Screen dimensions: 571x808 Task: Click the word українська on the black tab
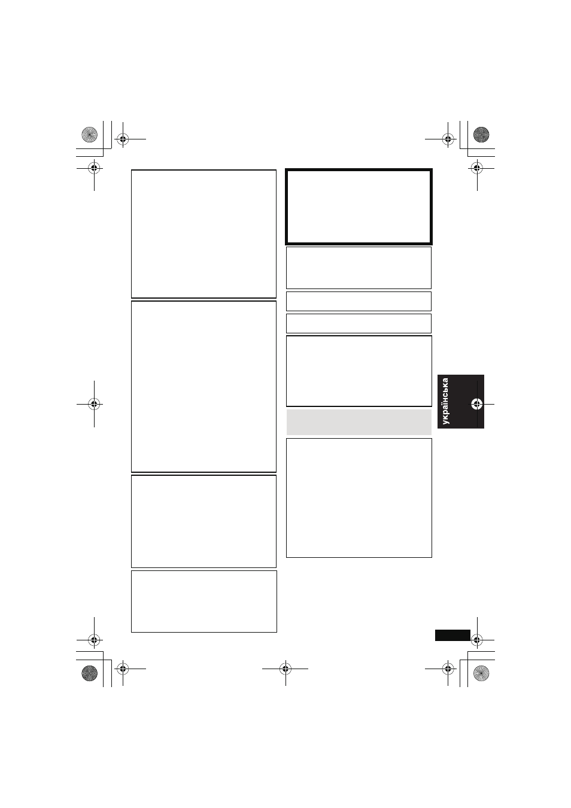(446, 401)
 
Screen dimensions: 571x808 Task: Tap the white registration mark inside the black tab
(477, 405)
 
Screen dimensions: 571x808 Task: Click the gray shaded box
(359, 422)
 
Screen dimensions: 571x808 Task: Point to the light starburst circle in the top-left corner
(89, 135)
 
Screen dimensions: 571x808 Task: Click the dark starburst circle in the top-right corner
(481, 135)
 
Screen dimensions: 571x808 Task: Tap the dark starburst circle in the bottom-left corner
(89, 673)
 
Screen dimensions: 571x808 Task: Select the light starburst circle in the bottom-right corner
(481, 673)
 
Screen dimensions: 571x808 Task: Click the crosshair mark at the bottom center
(285, 669)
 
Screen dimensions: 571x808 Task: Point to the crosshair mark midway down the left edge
(94, 404)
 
